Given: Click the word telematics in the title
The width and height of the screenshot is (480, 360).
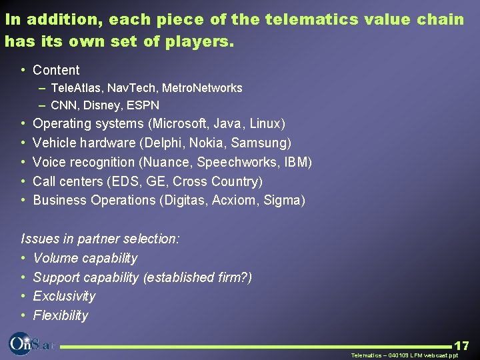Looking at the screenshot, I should (x=309, y=19).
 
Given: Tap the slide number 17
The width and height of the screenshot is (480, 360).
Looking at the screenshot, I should (x=461, y=345).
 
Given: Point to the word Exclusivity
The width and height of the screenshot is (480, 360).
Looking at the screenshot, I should (x=64, y=296).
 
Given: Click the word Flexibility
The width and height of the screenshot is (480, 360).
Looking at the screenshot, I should (x=60, y=315).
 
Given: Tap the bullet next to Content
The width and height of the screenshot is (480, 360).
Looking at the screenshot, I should (x=23, y=70).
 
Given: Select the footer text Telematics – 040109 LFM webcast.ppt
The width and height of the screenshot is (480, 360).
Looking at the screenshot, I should (x=405, y=355).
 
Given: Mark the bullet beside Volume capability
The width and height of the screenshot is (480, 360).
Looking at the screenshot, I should (x=23, y=258).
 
